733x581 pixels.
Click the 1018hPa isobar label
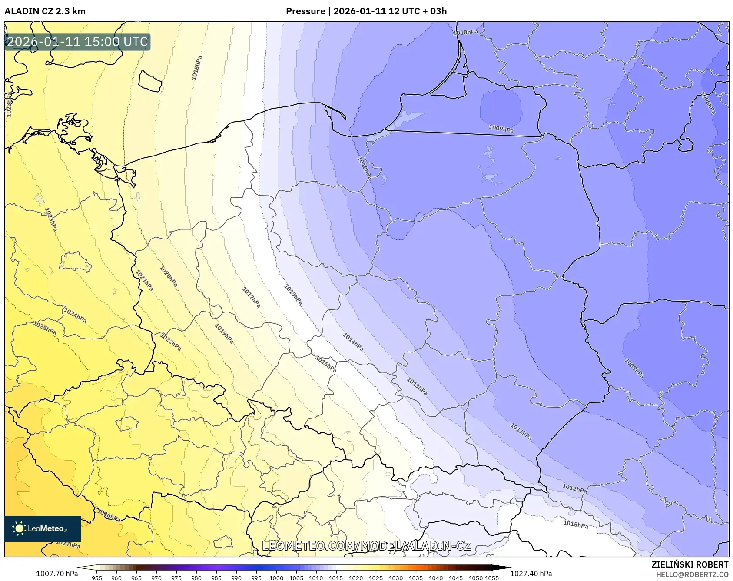(x=197, y=68)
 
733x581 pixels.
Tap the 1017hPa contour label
(x=251, y=298)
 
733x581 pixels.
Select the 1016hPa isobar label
(x=326, y=364)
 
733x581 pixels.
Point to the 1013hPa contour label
(x=417, y=386)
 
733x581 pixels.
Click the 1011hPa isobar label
(x=521, y=432)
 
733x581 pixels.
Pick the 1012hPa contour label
(x=574, y=488)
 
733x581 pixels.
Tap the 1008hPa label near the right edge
(x=708, y=103)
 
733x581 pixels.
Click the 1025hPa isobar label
(x=45, y=328)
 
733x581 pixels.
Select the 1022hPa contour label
(x=170, y=342)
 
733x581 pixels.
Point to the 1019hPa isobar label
(x=224, y=334)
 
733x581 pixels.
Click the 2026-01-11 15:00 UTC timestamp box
(x=77, y=42)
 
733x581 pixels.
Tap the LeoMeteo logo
(x=42, y=528)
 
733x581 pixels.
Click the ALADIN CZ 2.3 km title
(x=45, y=11)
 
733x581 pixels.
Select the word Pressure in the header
(x=305, y=11)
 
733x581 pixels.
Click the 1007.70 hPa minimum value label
(x=57, y=574)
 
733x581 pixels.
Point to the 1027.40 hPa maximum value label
(x=531, y=574)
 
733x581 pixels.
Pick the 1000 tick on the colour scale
(x=276, y=578)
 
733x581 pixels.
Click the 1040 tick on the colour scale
(x=436, y=578)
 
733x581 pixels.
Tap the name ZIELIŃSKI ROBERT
(x=690, y=564)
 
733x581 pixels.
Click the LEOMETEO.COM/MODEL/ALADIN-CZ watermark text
(x=367, y=546)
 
